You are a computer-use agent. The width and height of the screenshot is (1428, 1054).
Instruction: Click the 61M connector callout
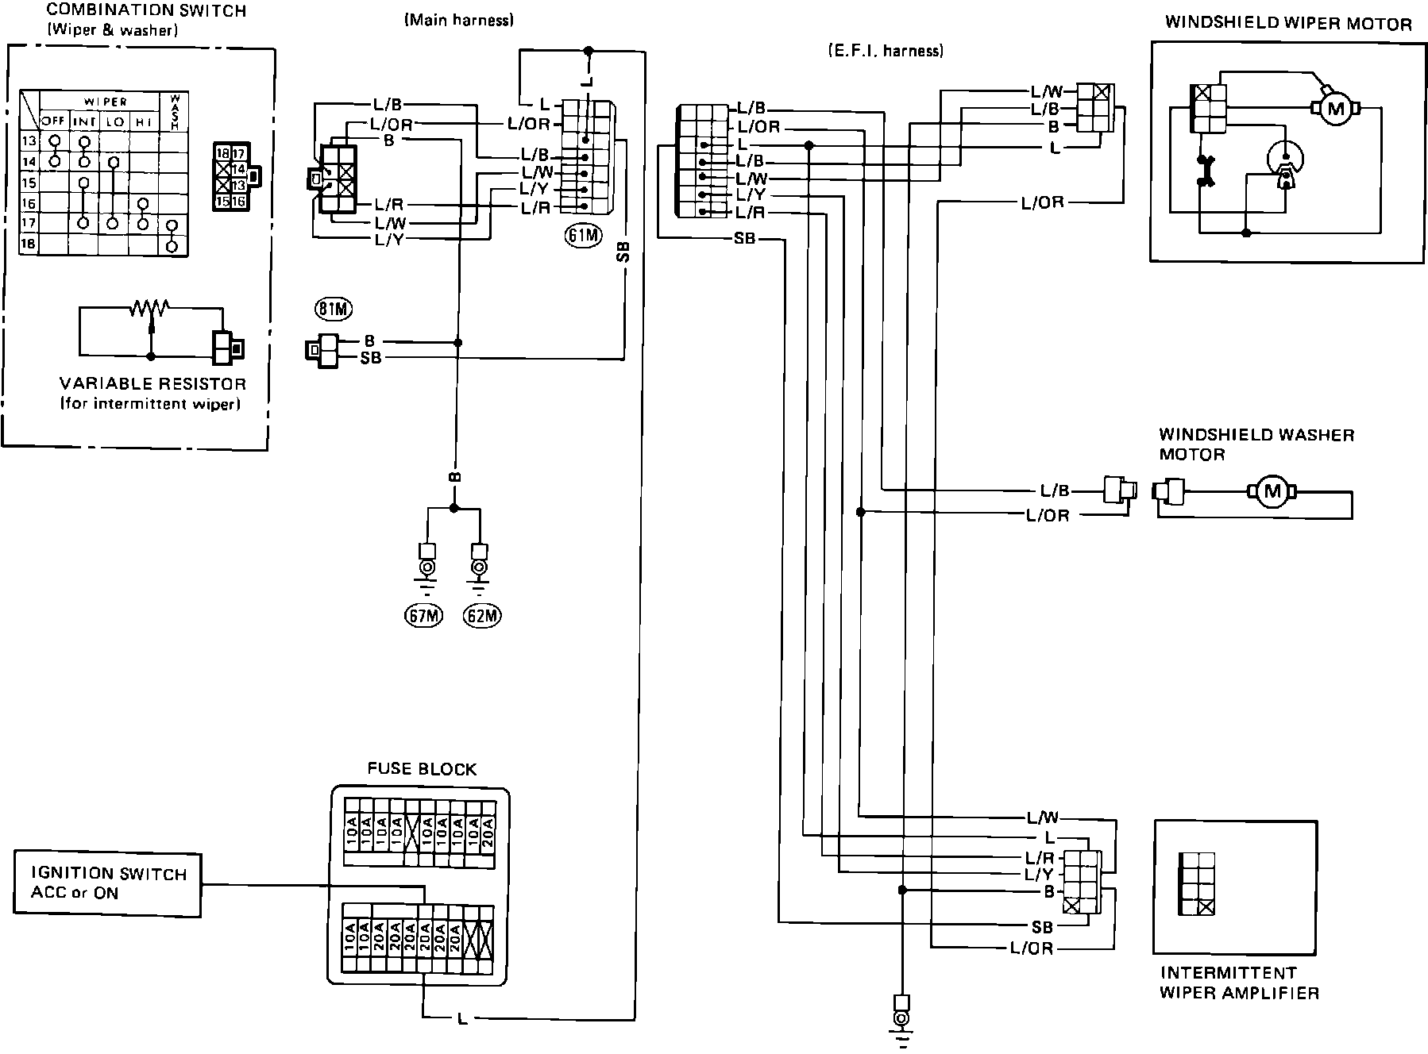click(x=584, y=235)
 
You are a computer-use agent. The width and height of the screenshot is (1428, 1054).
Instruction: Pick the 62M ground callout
click(x=483, y=616)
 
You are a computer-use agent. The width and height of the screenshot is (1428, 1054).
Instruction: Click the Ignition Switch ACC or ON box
click(x=108, y=883)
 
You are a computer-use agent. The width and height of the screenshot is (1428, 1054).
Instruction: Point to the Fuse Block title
click(x=422, y=769)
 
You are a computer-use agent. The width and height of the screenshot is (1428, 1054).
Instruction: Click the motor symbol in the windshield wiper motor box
click(x=1334, y=109)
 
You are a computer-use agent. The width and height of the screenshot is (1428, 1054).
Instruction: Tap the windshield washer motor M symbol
click(x=1272, y=491)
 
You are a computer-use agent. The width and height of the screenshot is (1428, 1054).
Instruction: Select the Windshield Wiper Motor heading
click(x=1288, y=23)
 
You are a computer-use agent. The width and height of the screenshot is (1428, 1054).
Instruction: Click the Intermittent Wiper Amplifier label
click(x=1239, y=983)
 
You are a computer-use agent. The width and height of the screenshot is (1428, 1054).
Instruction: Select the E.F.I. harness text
click(x=885, y=51)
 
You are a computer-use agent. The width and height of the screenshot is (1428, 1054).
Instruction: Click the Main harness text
click(x=459, y=21)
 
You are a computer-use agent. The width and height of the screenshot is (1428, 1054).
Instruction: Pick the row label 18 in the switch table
click(x=28, y=244)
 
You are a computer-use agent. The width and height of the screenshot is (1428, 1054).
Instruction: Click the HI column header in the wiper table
click(x=144, y=122)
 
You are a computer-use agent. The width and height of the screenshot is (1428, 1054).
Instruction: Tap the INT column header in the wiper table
click(x=84, y=122)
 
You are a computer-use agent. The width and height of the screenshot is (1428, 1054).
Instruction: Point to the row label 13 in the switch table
click(x=28, y=142)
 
